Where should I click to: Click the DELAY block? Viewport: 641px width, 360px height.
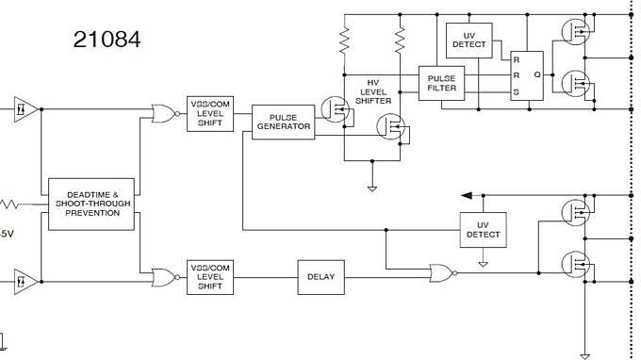pyautogui.click(x=321, y=276)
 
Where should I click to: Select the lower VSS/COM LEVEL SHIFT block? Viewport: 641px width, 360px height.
pyautogui.click(x=209, y=276)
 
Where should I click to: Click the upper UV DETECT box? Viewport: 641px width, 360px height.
pyautogui.click(x=469, y=39)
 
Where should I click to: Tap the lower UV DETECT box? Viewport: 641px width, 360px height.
pyautogui.click(x=483, y=228)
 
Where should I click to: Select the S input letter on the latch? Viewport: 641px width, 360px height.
pyautogui.click(x=516, y=92)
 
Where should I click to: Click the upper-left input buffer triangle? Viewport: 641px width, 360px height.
pyautogui.click(x=26, y=108)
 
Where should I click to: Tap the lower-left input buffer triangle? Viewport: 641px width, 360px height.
pyautogui.click(x=26, y=280)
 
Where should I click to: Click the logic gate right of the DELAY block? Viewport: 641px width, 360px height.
pyautogui.click(x=440, y=274)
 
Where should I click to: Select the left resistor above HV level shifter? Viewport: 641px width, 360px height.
pyautogui.click(x=345, y=41)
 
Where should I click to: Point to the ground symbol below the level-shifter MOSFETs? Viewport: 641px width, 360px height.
pyautogui.click(x=371, y=188)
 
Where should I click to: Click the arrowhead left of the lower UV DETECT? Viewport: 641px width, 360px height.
pyautogui.click(x=467, y=195)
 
